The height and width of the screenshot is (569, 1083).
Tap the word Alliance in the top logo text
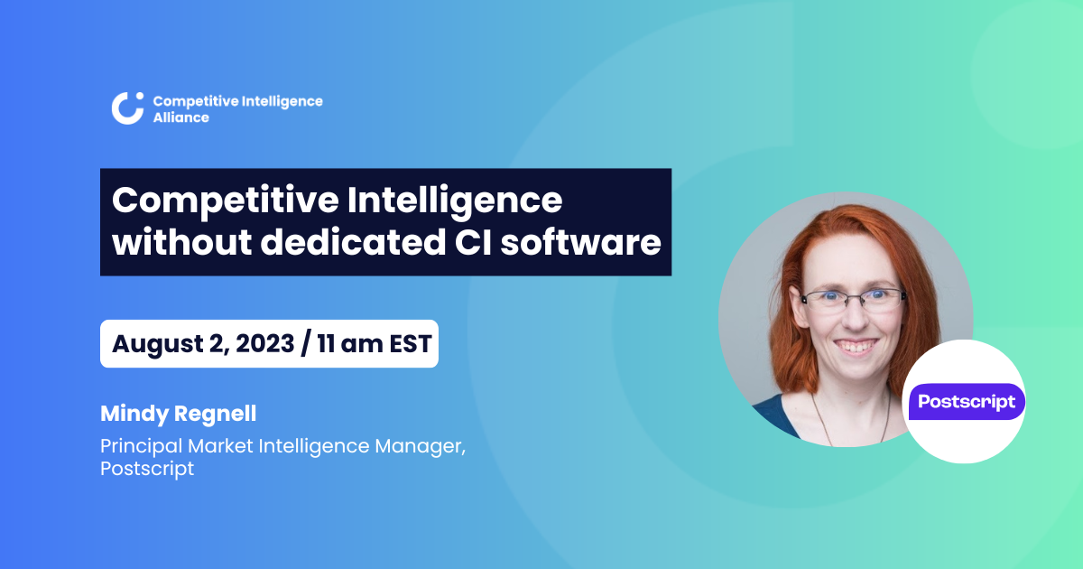(181, 117)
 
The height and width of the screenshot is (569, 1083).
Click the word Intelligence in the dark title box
(455, 201)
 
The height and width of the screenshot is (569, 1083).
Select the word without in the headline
(181, 242)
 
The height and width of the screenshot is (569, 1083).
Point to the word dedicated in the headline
(353, 242)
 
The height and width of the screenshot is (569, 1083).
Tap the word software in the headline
(580, 242)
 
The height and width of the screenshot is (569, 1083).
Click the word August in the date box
(158, 344)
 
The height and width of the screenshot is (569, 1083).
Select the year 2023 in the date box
(265, 343)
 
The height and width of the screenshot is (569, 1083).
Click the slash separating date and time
(306, 344)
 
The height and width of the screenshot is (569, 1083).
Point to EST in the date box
(410, 344)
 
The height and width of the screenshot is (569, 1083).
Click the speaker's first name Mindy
(134, 415)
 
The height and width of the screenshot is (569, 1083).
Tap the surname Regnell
(215, 415)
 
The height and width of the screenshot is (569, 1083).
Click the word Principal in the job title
(141, 446)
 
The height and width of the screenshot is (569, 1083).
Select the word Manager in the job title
(421, 446)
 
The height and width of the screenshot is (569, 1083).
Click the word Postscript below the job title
(147, 469)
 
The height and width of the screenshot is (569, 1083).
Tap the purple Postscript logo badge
(967, 402)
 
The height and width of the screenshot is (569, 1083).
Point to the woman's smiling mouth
(856, 346)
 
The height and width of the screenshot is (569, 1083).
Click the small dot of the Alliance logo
(140, 96)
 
